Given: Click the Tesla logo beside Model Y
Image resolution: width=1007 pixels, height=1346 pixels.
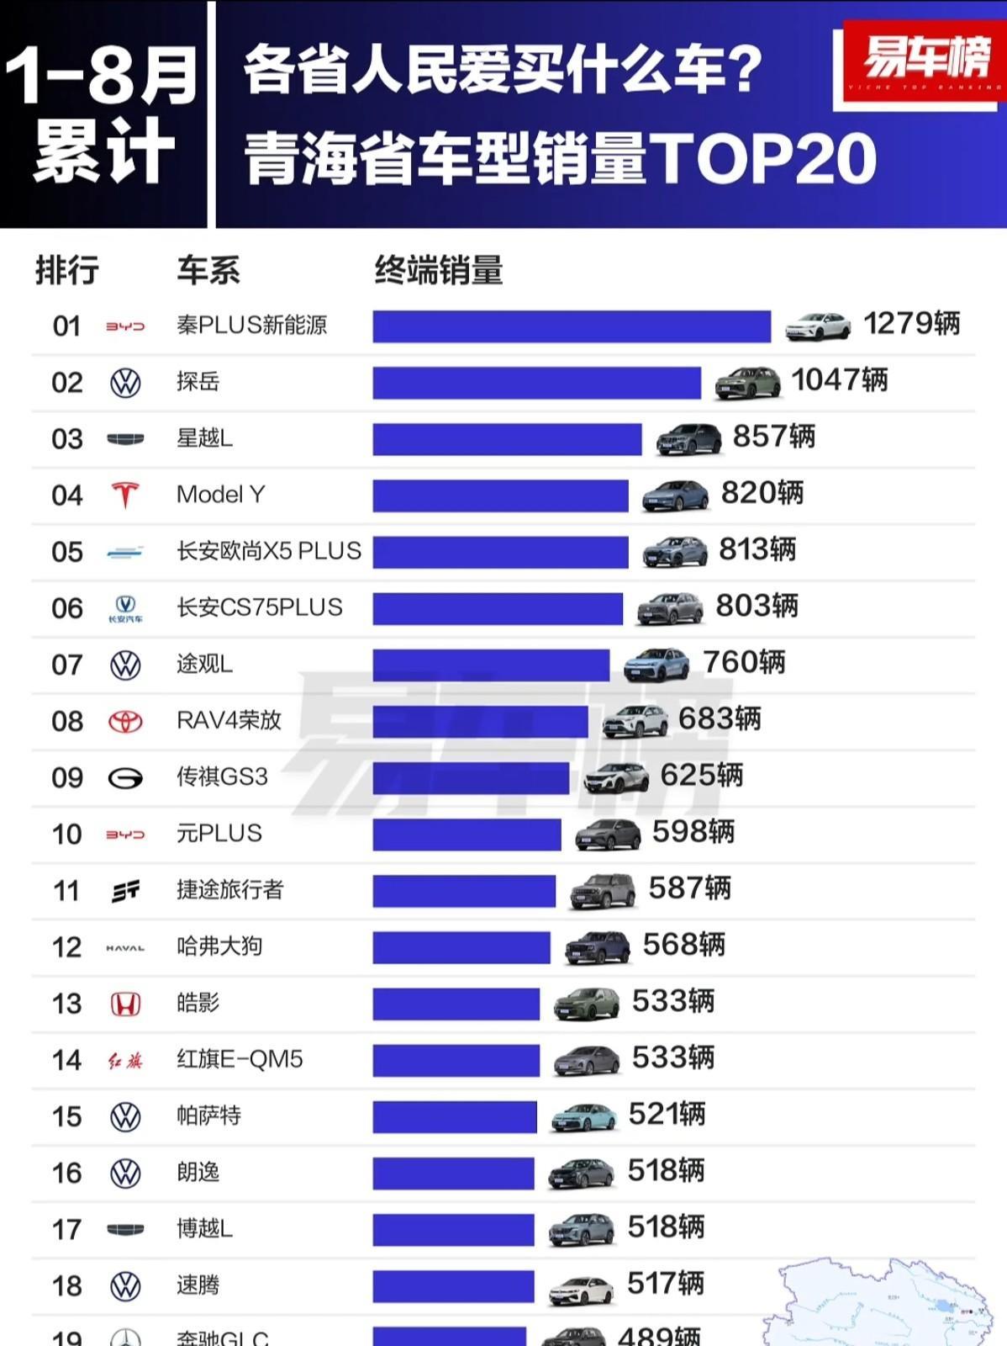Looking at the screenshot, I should (125, 495).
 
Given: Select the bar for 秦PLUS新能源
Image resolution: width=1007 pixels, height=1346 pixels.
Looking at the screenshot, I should (572, 326).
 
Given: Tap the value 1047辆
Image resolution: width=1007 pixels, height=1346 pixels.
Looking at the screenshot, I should (839, 380).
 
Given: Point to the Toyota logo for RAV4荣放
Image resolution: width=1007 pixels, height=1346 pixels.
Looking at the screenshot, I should (125, 721).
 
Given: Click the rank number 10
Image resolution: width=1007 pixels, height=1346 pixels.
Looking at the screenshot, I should (67, 835).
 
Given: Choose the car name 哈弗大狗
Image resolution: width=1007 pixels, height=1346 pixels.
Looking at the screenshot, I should (219, 946).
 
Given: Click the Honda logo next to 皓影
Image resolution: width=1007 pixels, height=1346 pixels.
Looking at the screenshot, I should (125, 1004).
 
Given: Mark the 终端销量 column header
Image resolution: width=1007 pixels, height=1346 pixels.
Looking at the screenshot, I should (438, 271).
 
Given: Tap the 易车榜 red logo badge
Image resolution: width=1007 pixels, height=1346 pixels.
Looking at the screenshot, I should (924, 61).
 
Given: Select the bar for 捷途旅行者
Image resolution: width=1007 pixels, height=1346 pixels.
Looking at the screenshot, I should (464, 891).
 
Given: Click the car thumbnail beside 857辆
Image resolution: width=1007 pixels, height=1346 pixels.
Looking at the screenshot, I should (688, 439).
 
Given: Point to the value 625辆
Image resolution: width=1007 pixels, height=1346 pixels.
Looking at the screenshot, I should (701, 775).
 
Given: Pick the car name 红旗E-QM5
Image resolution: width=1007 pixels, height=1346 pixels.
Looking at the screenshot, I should (240, 1059).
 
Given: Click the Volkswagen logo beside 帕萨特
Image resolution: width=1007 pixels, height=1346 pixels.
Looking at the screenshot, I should (125, 1116).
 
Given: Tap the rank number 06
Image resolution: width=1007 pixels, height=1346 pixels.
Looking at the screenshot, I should (67, 608).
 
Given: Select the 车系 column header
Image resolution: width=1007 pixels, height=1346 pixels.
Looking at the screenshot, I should (208, 271).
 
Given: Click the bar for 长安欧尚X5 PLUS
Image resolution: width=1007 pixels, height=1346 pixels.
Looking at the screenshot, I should (500, 552).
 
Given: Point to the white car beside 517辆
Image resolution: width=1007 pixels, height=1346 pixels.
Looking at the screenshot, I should (581, 1289).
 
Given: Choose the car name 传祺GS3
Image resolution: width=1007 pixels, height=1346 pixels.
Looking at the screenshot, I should (222, 776).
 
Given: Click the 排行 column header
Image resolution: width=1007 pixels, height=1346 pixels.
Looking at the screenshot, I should (67, 271).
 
